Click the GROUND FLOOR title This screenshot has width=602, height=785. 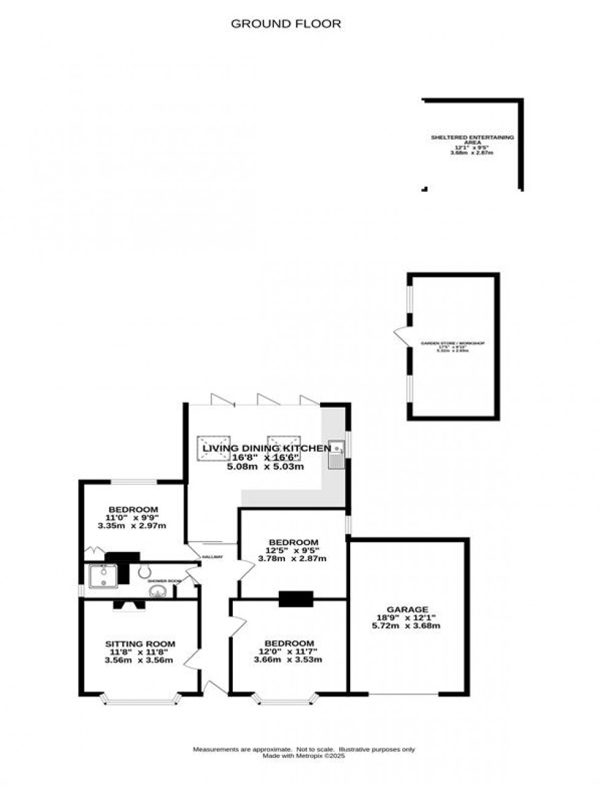tap(286, 24)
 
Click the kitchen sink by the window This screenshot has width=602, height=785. tap(336, 455)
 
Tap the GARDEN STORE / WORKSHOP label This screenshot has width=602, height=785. tap(452, 343)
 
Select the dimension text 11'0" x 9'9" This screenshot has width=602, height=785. tap(133, 518)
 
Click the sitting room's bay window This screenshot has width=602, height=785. tap(141, 698)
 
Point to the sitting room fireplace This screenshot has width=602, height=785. tap(129, 606)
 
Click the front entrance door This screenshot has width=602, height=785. tap(215, 688)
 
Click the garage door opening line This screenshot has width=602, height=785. tap(404, 695)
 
